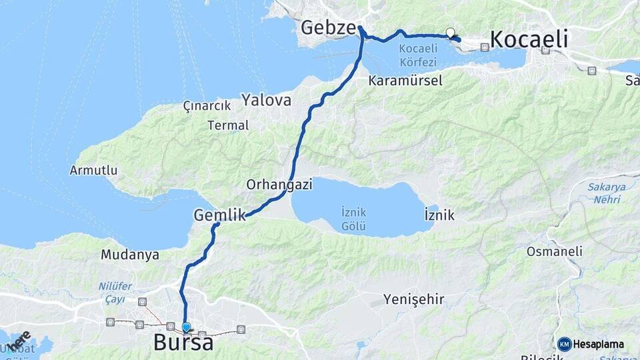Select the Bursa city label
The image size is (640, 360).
pos(183,343)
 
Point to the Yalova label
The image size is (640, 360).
pos(267,101)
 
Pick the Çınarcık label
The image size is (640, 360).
pos(207,105)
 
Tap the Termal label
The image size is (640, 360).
pos(228,125)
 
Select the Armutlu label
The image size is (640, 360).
pos(93,170)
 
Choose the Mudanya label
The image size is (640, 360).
pos(130,254)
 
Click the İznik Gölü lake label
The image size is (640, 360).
pos(353,219)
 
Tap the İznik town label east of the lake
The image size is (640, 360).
pos(439,215)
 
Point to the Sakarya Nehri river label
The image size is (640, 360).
pos(607,193)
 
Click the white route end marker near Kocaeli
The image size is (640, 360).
pos(450,32)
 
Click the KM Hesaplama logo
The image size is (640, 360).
pos(591,344)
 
